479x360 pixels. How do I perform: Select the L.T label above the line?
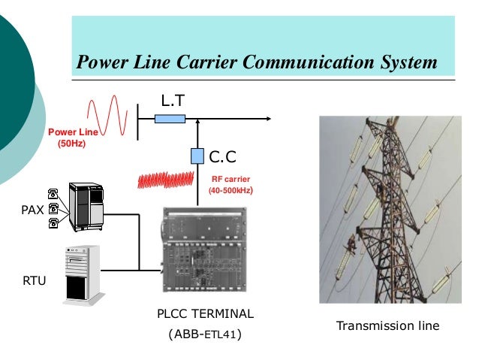[x=173, y=100]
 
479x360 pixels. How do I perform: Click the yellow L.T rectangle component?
[x=170, y=118]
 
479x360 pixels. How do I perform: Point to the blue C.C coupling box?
[x=197, y=156]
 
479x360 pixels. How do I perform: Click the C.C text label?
[x=223, y=156]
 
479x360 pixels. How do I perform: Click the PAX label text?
[x=31, y=210]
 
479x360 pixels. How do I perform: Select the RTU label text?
[x=35, y=281]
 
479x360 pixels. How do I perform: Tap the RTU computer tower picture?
[x=80, y=274]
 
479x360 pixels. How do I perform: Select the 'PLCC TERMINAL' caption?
[x=205, y=313]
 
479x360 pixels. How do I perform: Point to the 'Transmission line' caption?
[x=387, y=326]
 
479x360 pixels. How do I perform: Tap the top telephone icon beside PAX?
[x=53, y=192]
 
